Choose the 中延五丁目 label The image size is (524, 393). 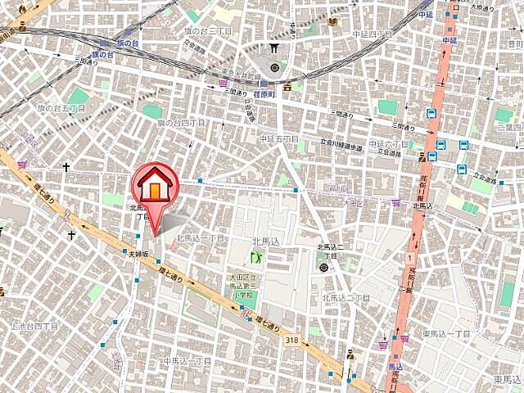point(279,139)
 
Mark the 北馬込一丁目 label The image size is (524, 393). point(201,238)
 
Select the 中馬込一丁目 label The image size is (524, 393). point(187,360)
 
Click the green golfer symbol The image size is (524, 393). point(255,258)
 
